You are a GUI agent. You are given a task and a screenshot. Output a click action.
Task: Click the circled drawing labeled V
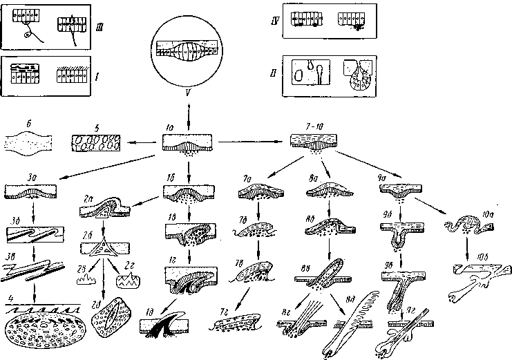(x=187, y=52)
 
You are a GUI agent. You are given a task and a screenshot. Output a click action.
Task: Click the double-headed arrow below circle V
(x=187, y=112)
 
